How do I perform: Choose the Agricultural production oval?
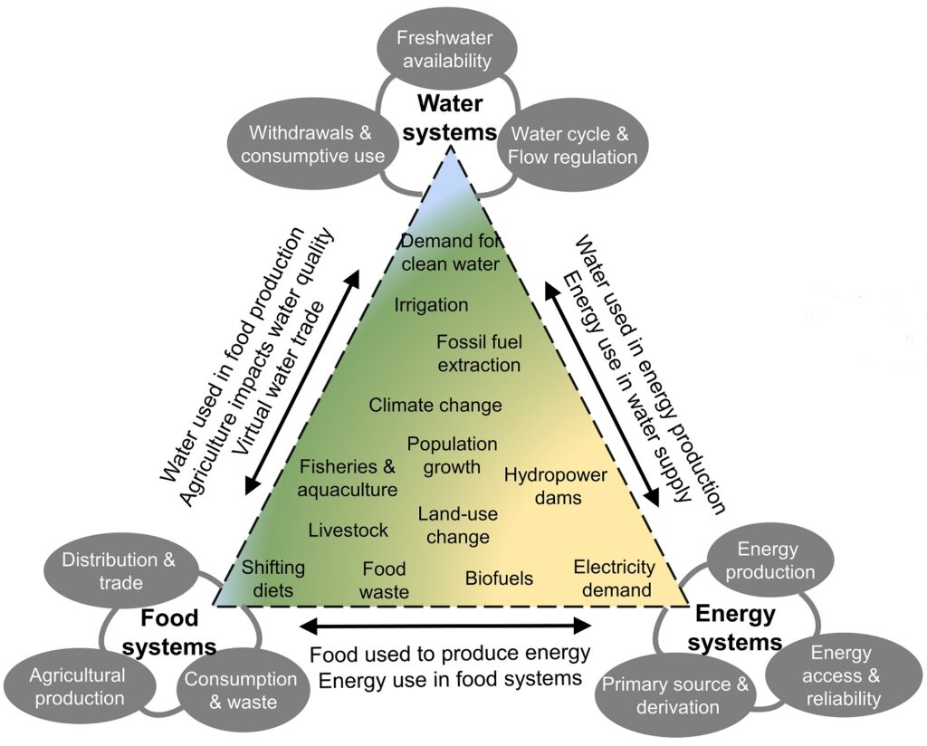coord(77,687)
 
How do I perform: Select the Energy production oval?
coord(776,560)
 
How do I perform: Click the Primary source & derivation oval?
coord(675,695)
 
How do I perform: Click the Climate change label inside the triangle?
coord(435,405)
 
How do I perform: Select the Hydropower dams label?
coord(555,486)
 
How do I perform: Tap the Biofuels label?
coord(499,578)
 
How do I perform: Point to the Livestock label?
coord(348,531)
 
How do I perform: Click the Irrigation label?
coord(431,305)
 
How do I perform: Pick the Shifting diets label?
coord(272,578)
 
